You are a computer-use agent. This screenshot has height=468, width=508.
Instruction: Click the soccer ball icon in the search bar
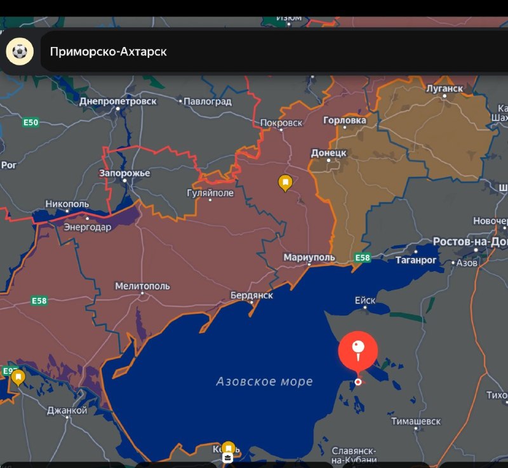tap(20, 51)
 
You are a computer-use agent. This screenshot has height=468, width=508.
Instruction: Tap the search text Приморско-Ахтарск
tap(109, 51)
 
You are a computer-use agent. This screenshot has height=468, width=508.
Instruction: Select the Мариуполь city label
tap(309, 257)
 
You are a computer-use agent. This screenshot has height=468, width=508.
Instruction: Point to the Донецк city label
tap(328, 153)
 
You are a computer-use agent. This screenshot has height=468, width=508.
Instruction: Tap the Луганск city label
tap(445, 88)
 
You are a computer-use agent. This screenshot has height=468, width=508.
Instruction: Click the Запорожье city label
tap(124, 173)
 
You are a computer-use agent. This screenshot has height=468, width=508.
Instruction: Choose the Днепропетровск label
tap(117, 101)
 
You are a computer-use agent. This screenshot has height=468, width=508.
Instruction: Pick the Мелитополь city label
tap(142, 286)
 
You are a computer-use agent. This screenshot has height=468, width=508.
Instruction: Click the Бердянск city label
tap(251, 295)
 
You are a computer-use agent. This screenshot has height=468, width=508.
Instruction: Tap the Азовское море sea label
tap(264, 382)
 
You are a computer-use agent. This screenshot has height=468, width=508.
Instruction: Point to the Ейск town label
tap(364, 301)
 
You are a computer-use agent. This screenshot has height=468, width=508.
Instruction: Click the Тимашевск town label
tap(416, 421)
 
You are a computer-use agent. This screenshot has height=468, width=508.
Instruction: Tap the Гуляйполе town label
tap(210, 193)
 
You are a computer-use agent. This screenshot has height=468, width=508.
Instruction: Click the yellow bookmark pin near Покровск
tap(286, 183)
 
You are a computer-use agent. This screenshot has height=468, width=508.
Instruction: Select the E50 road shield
tap(30, 123)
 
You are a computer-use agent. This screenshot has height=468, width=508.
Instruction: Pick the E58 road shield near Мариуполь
tap(362, 257)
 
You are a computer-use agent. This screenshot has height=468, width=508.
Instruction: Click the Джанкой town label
tap(67, 410)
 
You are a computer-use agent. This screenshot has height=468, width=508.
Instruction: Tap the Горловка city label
tap(345, 120)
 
